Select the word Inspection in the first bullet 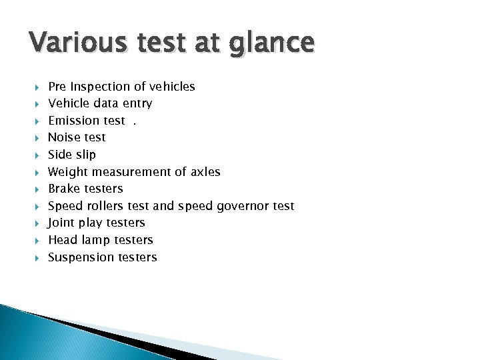99,87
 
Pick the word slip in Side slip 85,155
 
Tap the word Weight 68,172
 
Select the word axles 205,172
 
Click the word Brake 65,189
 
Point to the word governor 240,207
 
